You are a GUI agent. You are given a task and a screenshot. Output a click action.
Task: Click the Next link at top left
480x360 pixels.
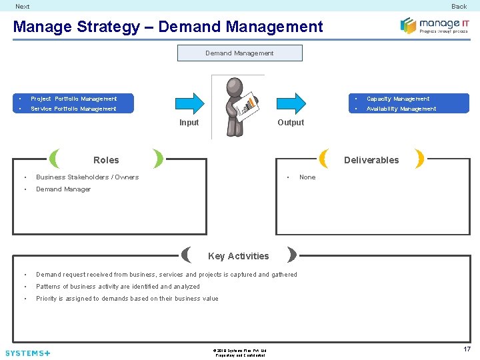tap(23, 7)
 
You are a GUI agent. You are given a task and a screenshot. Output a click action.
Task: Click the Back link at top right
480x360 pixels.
tap(459, 7)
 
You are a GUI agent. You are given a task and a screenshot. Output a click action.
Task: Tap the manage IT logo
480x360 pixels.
tap(434, 26)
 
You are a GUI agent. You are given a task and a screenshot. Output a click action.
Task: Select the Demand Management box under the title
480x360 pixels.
tap(239, 53)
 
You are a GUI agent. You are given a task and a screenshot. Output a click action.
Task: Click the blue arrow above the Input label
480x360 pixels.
tap(189, 103)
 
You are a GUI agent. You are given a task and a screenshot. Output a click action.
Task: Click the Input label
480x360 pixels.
tap(189, 123)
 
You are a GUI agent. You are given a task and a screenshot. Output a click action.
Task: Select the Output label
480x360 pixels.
tap(291, 123)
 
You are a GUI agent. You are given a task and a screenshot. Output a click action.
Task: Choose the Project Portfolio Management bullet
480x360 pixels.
tap(73, 99)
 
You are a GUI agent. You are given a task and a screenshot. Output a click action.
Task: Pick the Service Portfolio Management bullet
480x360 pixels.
tap(73, 109)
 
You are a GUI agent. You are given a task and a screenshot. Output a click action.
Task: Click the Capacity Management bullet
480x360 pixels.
tap(398, 99)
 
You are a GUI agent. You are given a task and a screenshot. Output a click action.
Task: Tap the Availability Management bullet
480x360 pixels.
tap(401, 109)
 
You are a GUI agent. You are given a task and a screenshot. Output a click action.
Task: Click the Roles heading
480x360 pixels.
tap(106, 160)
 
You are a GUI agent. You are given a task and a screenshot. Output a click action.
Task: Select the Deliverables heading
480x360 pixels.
tap(371, 160)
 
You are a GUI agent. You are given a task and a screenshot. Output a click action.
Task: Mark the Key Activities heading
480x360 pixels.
tap(239, 256)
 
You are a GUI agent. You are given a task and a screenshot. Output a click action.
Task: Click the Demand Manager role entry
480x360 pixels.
tap(63, 189)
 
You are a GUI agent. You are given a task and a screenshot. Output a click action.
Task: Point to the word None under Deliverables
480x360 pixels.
tap(307, 177)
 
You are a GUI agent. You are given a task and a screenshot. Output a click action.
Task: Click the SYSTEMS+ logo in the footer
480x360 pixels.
tap(27, 353)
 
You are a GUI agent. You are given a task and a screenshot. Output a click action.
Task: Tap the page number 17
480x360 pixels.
tap(467, 349)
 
